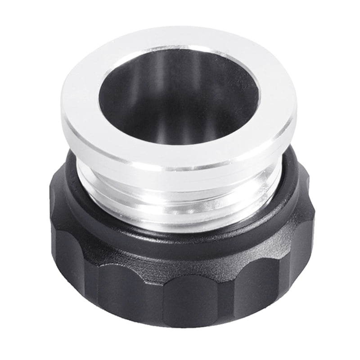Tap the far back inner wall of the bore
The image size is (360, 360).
pyautogui.click(x=180, y=67)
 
